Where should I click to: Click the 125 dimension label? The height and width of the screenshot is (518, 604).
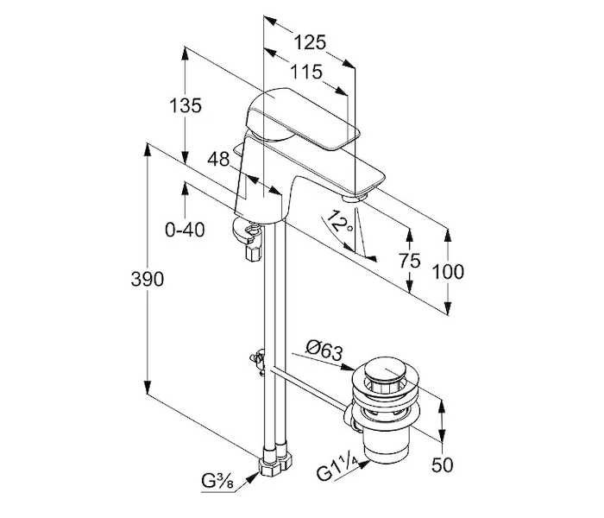(310, 42)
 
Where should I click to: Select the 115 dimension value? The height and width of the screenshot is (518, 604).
(305, 72)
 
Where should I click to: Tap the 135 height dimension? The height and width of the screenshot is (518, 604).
(186, 105)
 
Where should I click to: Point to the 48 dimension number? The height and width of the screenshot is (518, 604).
(218, 159)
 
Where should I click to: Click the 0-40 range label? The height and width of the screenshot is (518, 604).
(185, 231)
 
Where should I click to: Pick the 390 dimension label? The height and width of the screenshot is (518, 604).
(148, 279)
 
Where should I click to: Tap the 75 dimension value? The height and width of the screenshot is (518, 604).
(409, 261)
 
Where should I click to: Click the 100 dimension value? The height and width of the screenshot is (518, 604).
(448, 272)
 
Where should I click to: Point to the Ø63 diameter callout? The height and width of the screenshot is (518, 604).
(324, 351)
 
